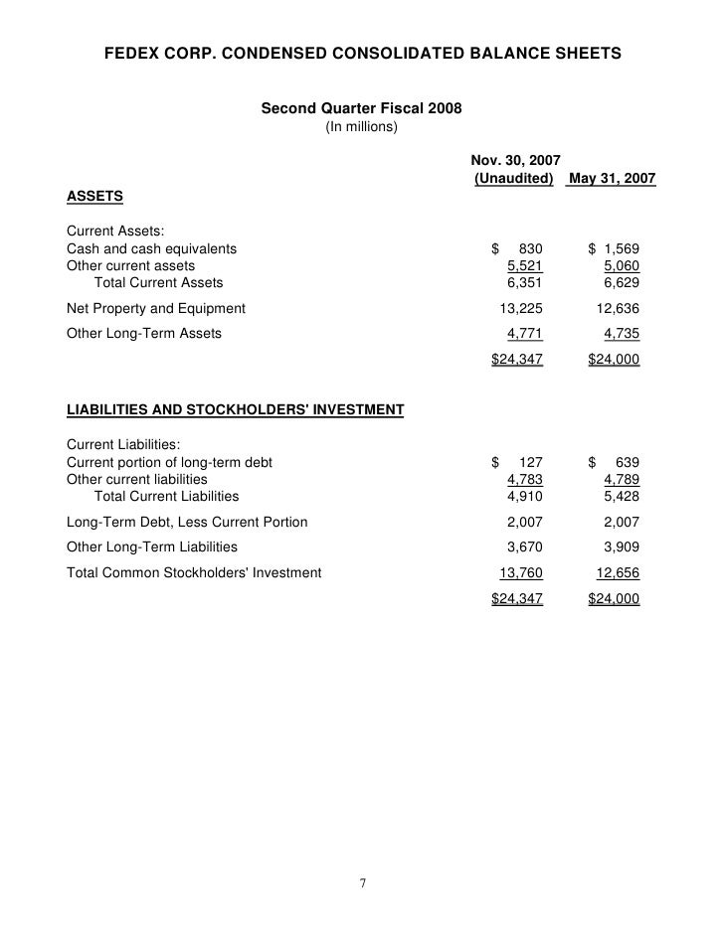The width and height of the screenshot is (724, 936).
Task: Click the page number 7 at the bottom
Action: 363,883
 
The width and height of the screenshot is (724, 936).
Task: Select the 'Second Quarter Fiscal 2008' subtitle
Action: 361,108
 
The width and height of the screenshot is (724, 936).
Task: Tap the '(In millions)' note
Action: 361,127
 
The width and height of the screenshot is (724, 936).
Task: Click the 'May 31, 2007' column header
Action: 612,178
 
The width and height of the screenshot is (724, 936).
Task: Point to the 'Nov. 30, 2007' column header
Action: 515,159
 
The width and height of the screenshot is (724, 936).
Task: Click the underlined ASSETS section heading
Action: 94,198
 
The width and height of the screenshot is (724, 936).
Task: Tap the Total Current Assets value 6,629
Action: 621,283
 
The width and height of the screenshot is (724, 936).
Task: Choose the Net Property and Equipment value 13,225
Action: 521,308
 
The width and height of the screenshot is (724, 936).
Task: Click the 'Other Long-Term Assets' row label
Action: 144,333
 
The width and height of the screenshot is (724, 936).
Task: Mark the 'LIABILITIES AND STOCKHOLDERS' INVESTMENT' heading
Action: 235,409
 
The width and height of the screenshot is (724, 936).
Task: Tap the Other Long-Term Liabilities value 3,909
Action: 621,546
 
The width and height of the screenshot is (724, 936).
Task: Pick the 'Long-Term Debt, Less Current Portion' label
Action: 187,522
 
